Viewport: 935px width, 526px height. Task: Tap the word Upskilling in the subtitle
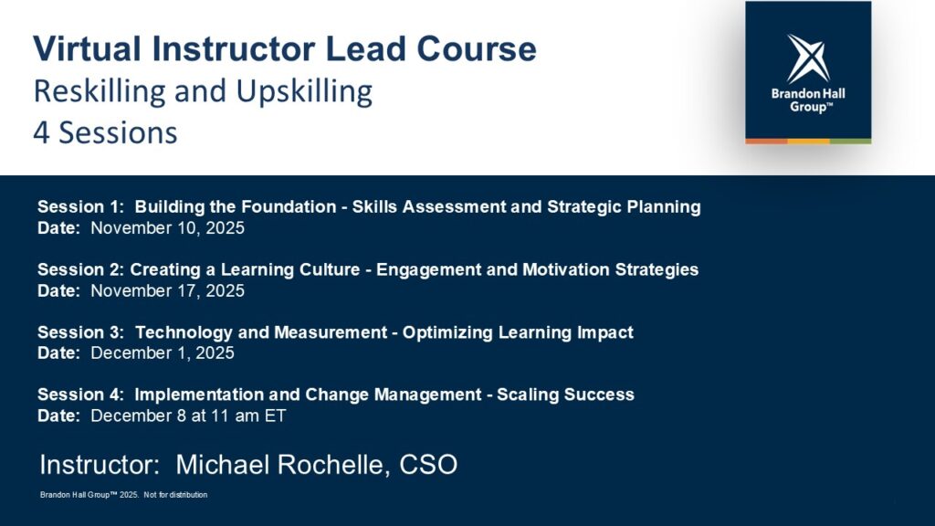pyautogui.click(x=304, y=92)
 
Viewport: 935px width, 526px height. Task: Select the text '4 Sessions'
pyautogui.click(x=105, y=132)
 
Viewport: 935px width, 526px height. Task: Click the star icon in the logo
pyautogui.click(x=808, y=58)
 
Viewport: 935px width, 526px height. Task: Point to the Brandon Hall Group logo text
pyautogui.click(x=808, y=100)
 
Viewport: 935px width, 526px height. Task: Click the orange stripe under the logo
pyautogui.click(x=766, y=142)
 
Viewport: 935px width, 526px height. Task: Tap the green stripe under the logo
pyautogui.click(x=850, y=142)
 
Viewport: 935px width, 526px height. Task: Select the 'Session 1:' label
pyautogui.click(x=81, y=207)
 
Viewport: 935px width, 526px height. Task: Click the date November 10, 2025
pyautogui.click(x=168, y=227)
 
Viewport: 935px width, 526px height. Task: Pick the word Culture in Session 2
pyautogui.click(x=330, y=269)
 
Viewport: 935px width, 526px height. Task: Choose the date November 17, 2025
pyautogui.click(x=168, y=290)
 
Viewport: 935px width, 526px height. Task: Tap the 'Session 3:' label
pyautogui.click(x=81, y=332)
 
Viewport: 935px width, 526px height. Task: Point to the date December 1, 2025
pyautogui.click(x=163, y=352)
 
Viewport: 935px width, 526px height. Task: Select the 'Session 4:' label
pyautogui.click(x=81, y=394)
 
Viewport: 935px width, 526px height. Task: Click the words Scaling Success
pyautogui.click(x=565, y=394)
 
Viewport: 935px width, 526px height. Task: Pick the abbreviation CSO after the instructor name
pyautogui.click(x=428, y=465)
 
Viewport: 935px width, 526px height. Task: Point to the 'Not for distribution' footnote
pyautogui.click(x=175, y=495)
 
